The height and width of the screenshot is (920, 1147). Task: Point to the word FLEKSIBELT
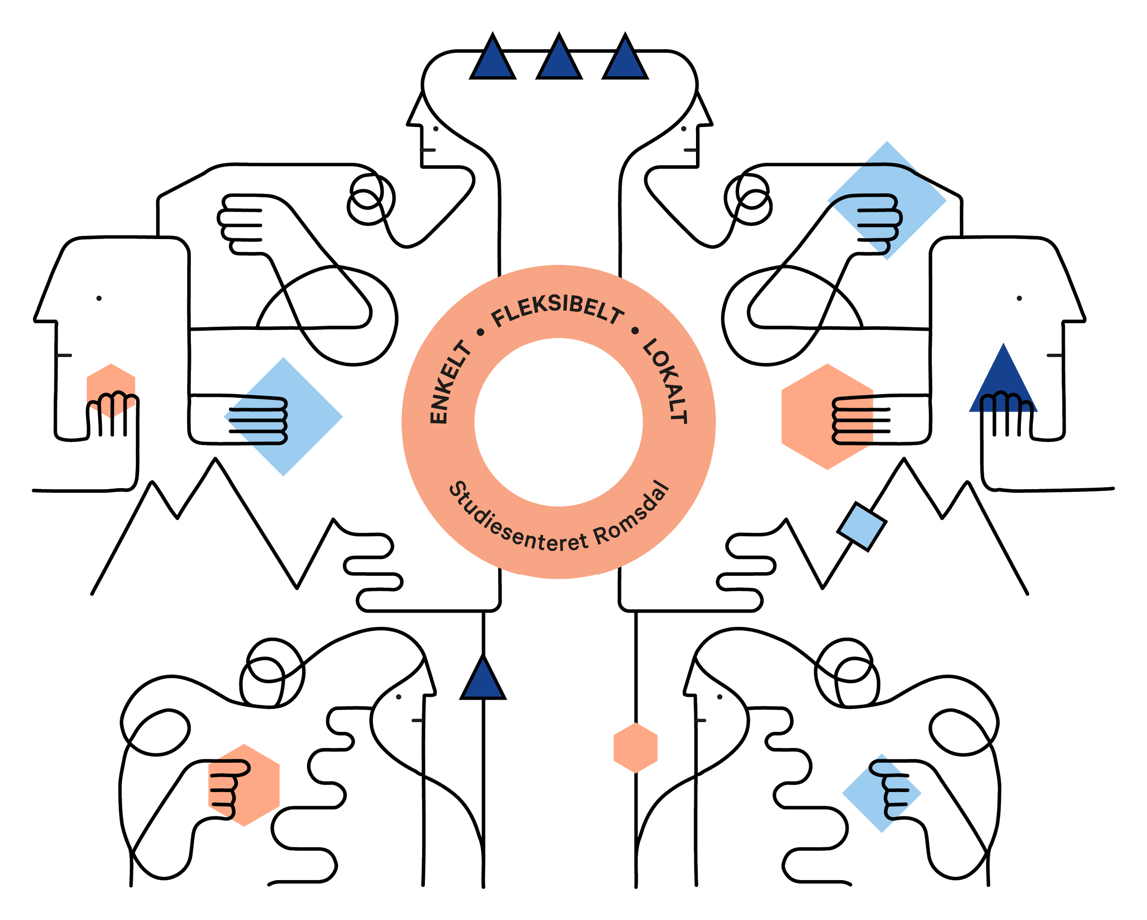coord(557,314)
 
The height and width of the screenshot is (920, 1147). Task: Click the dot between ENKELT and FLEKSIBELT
coord(481,332)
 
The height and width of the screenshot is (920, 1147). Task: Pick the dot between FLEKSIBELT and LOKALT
coord(634,331)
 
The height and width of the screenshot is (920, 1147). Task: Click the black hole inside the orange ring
coord(559,421)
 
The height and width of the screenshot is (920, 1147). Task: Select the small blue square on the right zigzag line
coord(861,526)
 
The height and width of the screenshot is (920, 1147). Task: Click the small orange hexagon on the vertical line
coord(636,747)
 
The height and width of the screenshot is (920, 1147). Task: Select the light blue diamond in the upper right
coord(887,200)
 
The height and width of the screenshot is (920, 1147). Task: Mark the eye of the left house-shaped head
coord(99,298)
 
